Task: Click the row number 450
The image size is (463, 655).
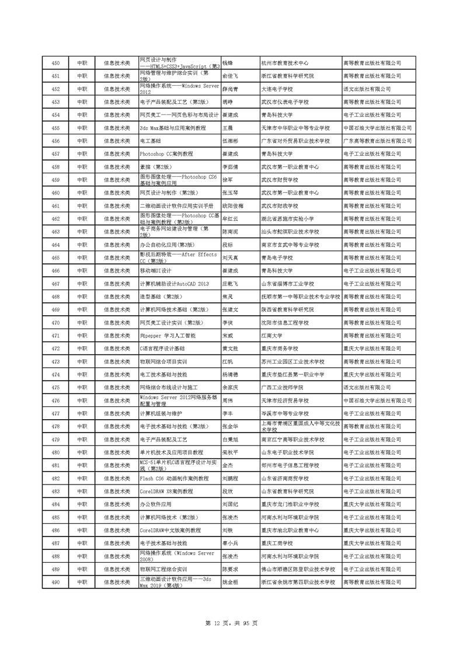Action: (x=55, y=63)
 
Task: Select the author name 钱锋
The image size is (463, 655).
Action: (x=228, y=63)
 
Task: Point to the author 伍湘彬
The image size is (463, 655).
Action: (x=231, y=141)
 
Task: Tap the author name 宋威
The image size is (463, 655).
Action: (x=228, y=336)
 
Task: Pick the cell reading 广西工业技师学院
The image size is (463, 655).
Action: (x=283, y=388)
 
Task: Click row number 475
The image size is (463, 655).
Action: (x=55, y=388)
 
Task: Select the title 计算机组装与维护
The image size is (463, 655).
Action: (x=158, y=413)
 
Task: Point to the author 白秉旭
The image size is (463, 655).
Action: (x=231, y=439)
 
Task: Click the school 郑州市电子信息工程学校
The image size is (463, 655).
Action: (x=290, y=465)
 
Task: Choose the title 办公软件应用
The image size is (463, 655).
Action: (x=155, y=504)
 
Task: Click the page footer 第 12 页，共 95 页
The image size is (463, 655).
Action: (x=232, y=623)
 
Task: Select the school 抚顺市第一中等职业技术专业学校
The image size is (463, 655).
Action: (x=300, y=297)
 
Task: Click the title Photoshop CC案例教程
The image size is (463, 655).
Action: (x=166, y=154)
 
